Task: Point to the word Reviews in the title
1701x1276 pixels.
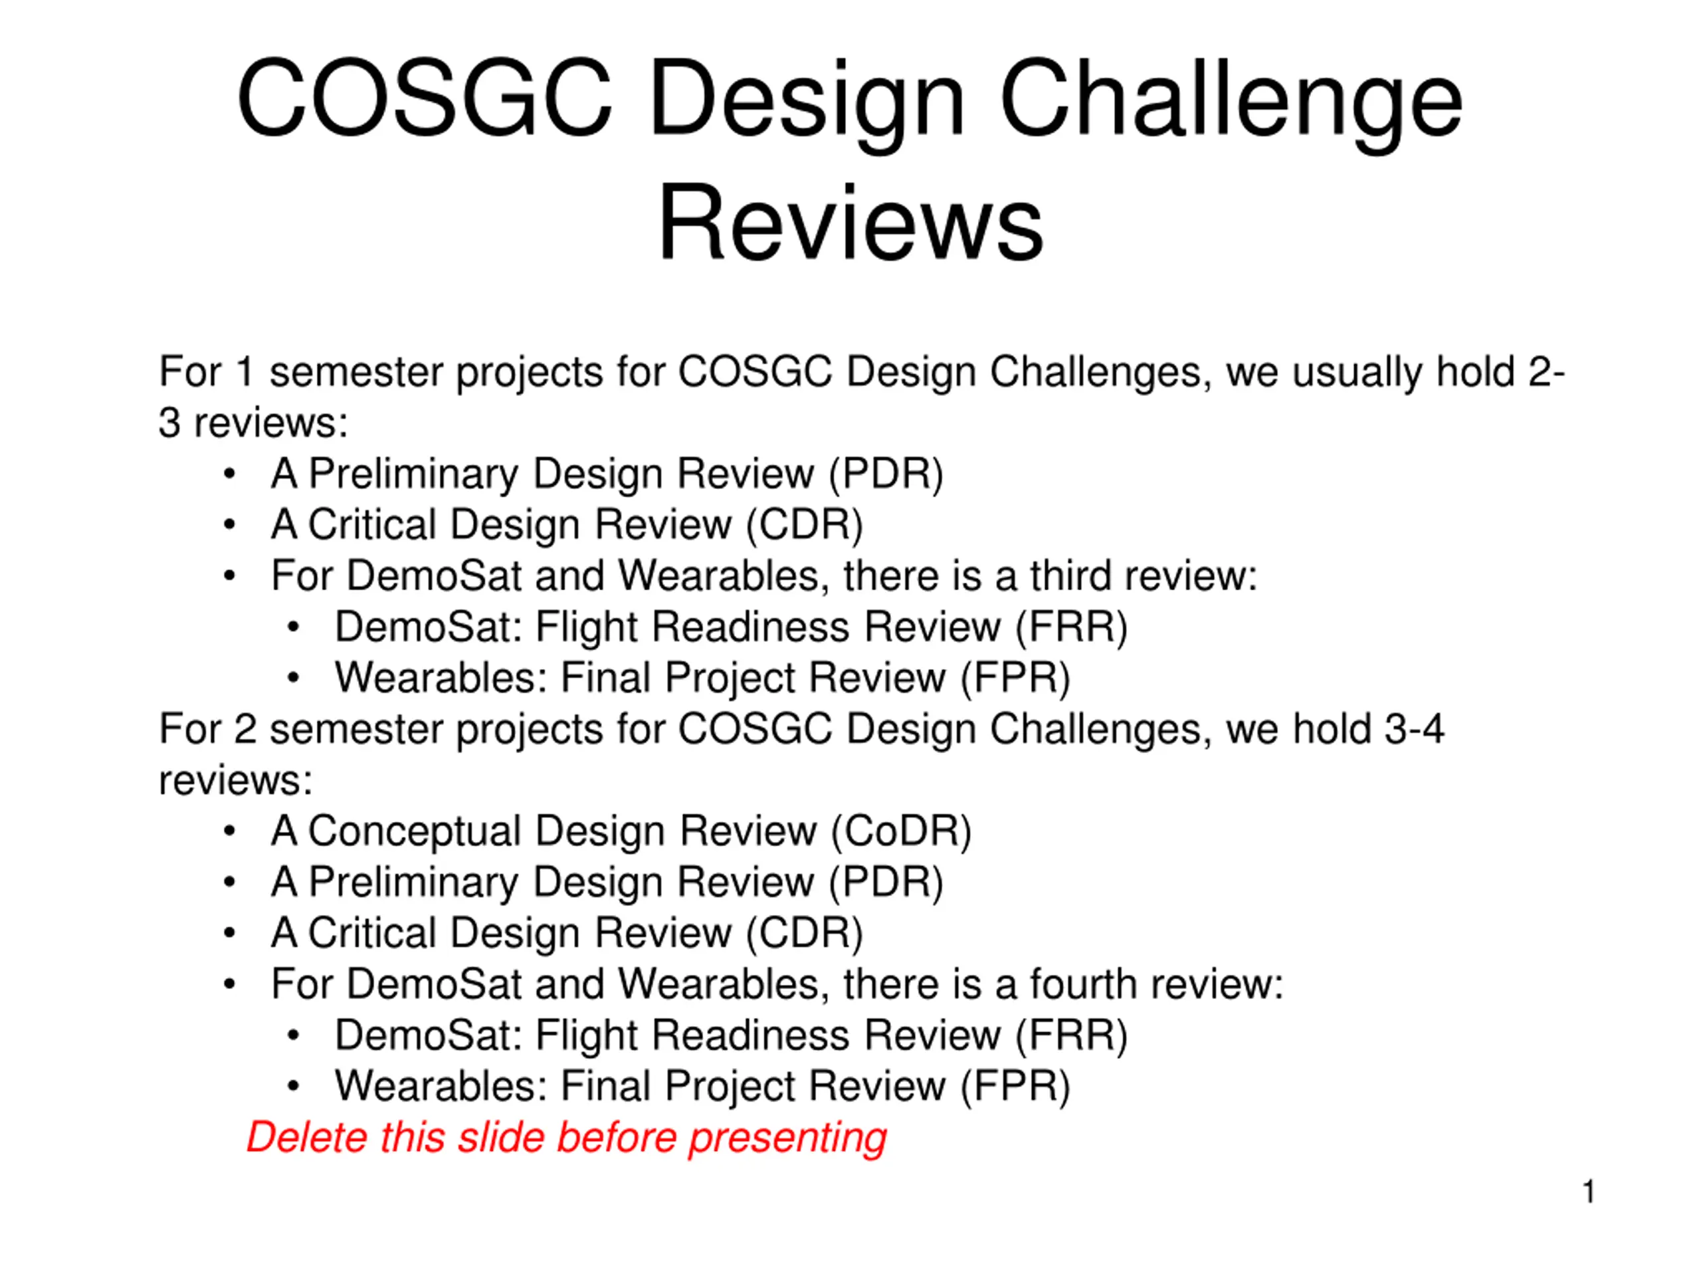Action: pyautogui.click(x=850, y=223)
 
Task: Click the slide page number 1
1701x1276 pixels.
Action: pyautogui.click(x=1589, y=1192)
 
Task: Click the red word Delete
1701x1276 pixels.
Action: pyautogui.click(x=307, y=1137)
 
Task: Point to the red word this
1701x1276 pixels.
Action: pyautogui.click(x=412, y=1137)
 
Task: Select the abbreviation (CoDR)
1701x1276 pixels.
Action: pyautogui.click(x=901, y=832)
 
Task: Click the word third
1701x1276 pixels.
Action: pyautogui.click(x=1070, y=576)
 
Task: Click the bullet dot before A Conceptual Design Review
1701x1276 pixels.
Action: pyautogui.click(x=229, y=831)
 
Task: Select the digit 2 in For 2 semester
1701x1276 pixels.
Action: pyautogui.click(x=245, y=728)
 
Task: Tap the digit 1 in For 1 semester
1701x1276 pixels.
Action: pyautogui.click(x=245, y=372)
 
